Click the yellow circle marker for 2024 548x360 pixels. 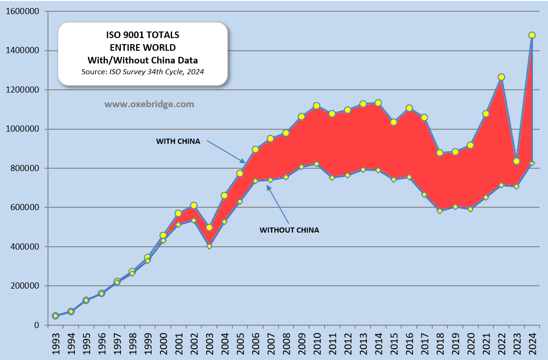coord(532,35)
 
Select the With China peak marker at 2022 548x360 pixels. coord(501,77)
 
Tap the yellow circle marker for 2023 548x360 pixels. coord(516,162)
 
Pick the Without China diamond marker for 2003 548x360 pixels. coord(209,246)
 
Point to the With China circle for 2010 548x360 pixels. coord(317,106)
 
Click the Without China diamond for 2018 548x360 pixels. coord(440,211)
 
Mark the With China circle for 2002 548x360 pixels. coord(194,205)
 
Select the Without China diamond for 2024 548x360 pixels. coord(532,163)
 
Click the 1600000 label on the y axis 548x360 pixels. coord(23,11)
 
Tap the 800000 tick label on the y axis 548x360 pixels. coord(25,168)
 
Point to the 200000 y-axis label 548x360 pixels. coord(25,286)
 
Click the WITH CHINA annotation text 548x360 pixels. coord(178,141)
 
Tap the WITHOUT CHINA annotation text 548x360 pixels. coord(289,230)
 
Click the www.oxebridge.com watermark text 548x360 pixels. coord(149,104)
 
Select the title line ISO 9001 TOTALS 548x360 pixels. coord(143,35)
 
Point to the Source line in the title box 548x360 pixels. coord(143,71)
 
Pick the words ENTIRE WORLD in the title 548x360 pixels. coord(143,47)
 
